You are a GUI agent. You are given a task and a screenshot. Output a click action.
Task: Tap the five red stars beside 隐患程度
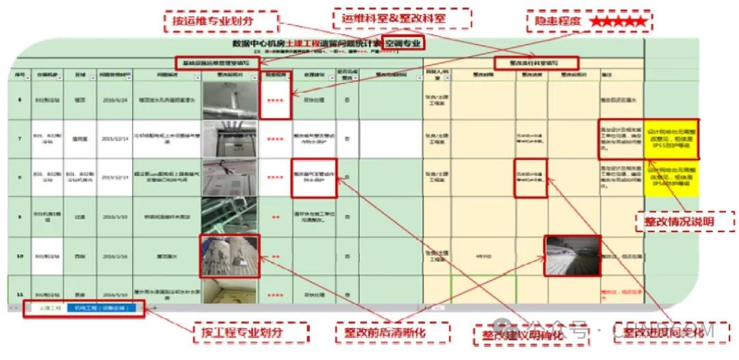point(618,22)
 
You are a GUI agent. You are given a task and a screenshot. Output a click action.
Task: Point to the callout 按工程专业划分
point(250,333)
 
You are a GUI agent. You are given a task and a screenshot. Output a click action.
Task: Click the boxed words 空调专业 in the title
point(402,43)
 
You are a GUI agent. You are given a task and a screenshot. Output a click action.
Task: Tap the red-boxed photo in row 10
point(230,256)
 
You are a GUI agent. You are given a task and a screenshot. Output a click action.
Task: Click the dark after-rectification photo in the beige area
point(572,256)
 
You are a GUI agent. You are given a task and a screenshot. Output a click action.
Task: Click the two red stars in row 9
point(276,216)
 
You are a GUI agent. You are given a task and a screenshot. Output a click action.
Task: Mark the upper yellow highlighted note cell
point(672,139)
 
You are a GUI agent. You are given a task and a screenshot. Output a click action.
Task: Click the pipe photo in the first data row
point(230,100)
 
